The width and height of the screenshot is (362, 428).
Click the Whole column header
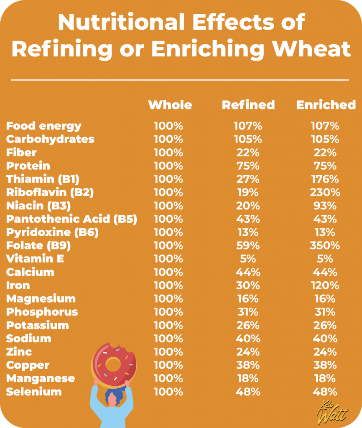click(170, 104)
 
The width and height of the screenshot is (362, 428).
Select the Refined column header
click(248, 104)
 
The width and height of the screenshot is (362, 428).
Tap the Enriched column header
click(326, 104)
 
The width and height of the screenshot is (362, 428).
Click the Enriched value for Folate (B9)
click(325, 245)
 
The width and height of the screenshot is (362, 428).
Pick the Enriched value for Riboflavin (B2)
click(325, 192)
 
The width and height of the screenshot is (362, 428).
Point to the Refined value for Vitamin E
click(248, 259)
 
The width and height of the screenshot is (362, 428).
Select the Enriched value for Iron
click(325, 285)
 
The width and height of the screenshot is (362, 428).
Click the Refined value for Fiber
click(248, 153)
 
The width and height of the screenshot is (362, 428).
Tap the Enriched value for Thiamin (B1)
click(325, 179)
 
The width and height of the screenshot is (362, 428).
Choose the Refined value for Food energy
click(248, 126)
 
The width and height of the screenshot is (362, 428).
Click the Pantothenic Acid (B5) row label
click(71, 219)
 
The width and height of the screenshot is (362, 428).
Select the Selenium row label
click(34, 392)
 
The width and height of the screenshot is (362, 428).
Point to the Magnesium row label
click(41, 299)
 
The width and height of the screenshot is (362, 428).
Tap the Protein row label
click(28, 166)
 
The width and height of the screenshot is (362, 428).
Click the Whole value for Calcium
click(168, 272)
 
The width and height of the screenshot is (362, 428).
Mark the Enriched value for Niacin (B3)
click(325, 206)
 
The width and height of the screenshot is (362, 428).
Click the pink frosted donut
click(113, 363)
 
